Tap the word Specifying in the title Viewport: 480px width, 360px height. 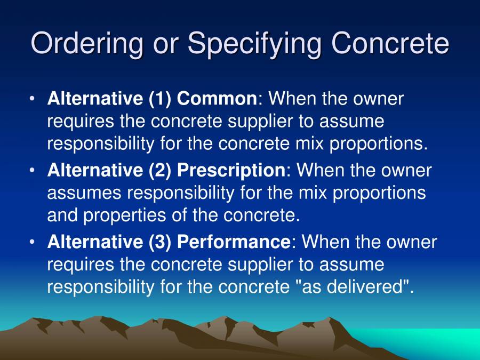tap(254, 43)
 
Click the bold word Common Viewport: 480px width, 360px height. tap(217, 99)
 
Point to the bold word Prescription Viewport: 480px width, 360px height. tap(231, 171)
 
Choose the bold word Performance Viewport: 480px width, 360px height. tap(234, 242)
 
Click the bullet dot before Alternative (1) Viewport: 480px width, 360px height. tap(33, 99)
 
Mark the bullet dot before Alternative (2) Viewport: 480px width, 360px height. tap(33, 171)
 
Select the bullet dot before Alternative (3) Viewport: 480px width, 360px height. tap(33, 243)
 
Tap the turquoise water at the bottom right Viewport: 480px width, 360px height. tap(437, 341)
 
